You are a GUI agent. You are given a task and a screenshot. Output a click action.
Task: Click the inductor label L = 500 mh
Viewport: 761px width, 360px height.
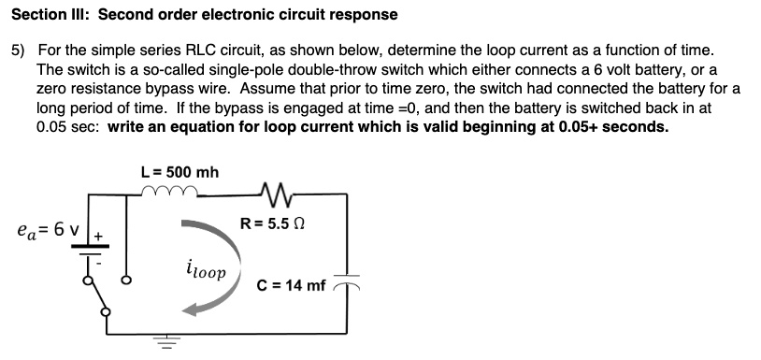click(x=179, y=172)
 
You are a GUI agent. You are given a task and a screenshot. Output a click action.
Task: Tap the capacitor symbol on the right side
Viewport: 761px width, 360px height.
click(x=347, y=285)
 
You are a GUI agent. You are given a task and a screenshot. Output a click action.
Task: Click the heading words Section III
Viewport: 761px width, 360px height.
click(x=50, y=14)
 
